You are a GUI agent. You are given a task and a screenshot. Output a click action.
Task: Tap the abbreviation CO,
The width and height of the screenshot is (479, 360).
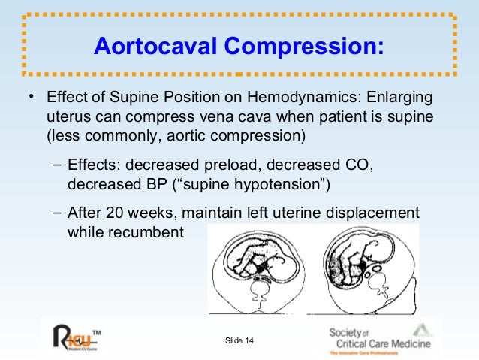[356, 165]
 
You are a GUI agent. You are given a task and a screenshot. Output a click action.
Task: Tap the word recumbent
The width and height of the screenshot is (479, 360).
[146, 231]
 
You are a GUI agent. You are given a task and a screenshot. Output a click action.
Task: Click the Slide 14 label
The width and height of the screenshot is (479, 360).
[239, 342]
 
